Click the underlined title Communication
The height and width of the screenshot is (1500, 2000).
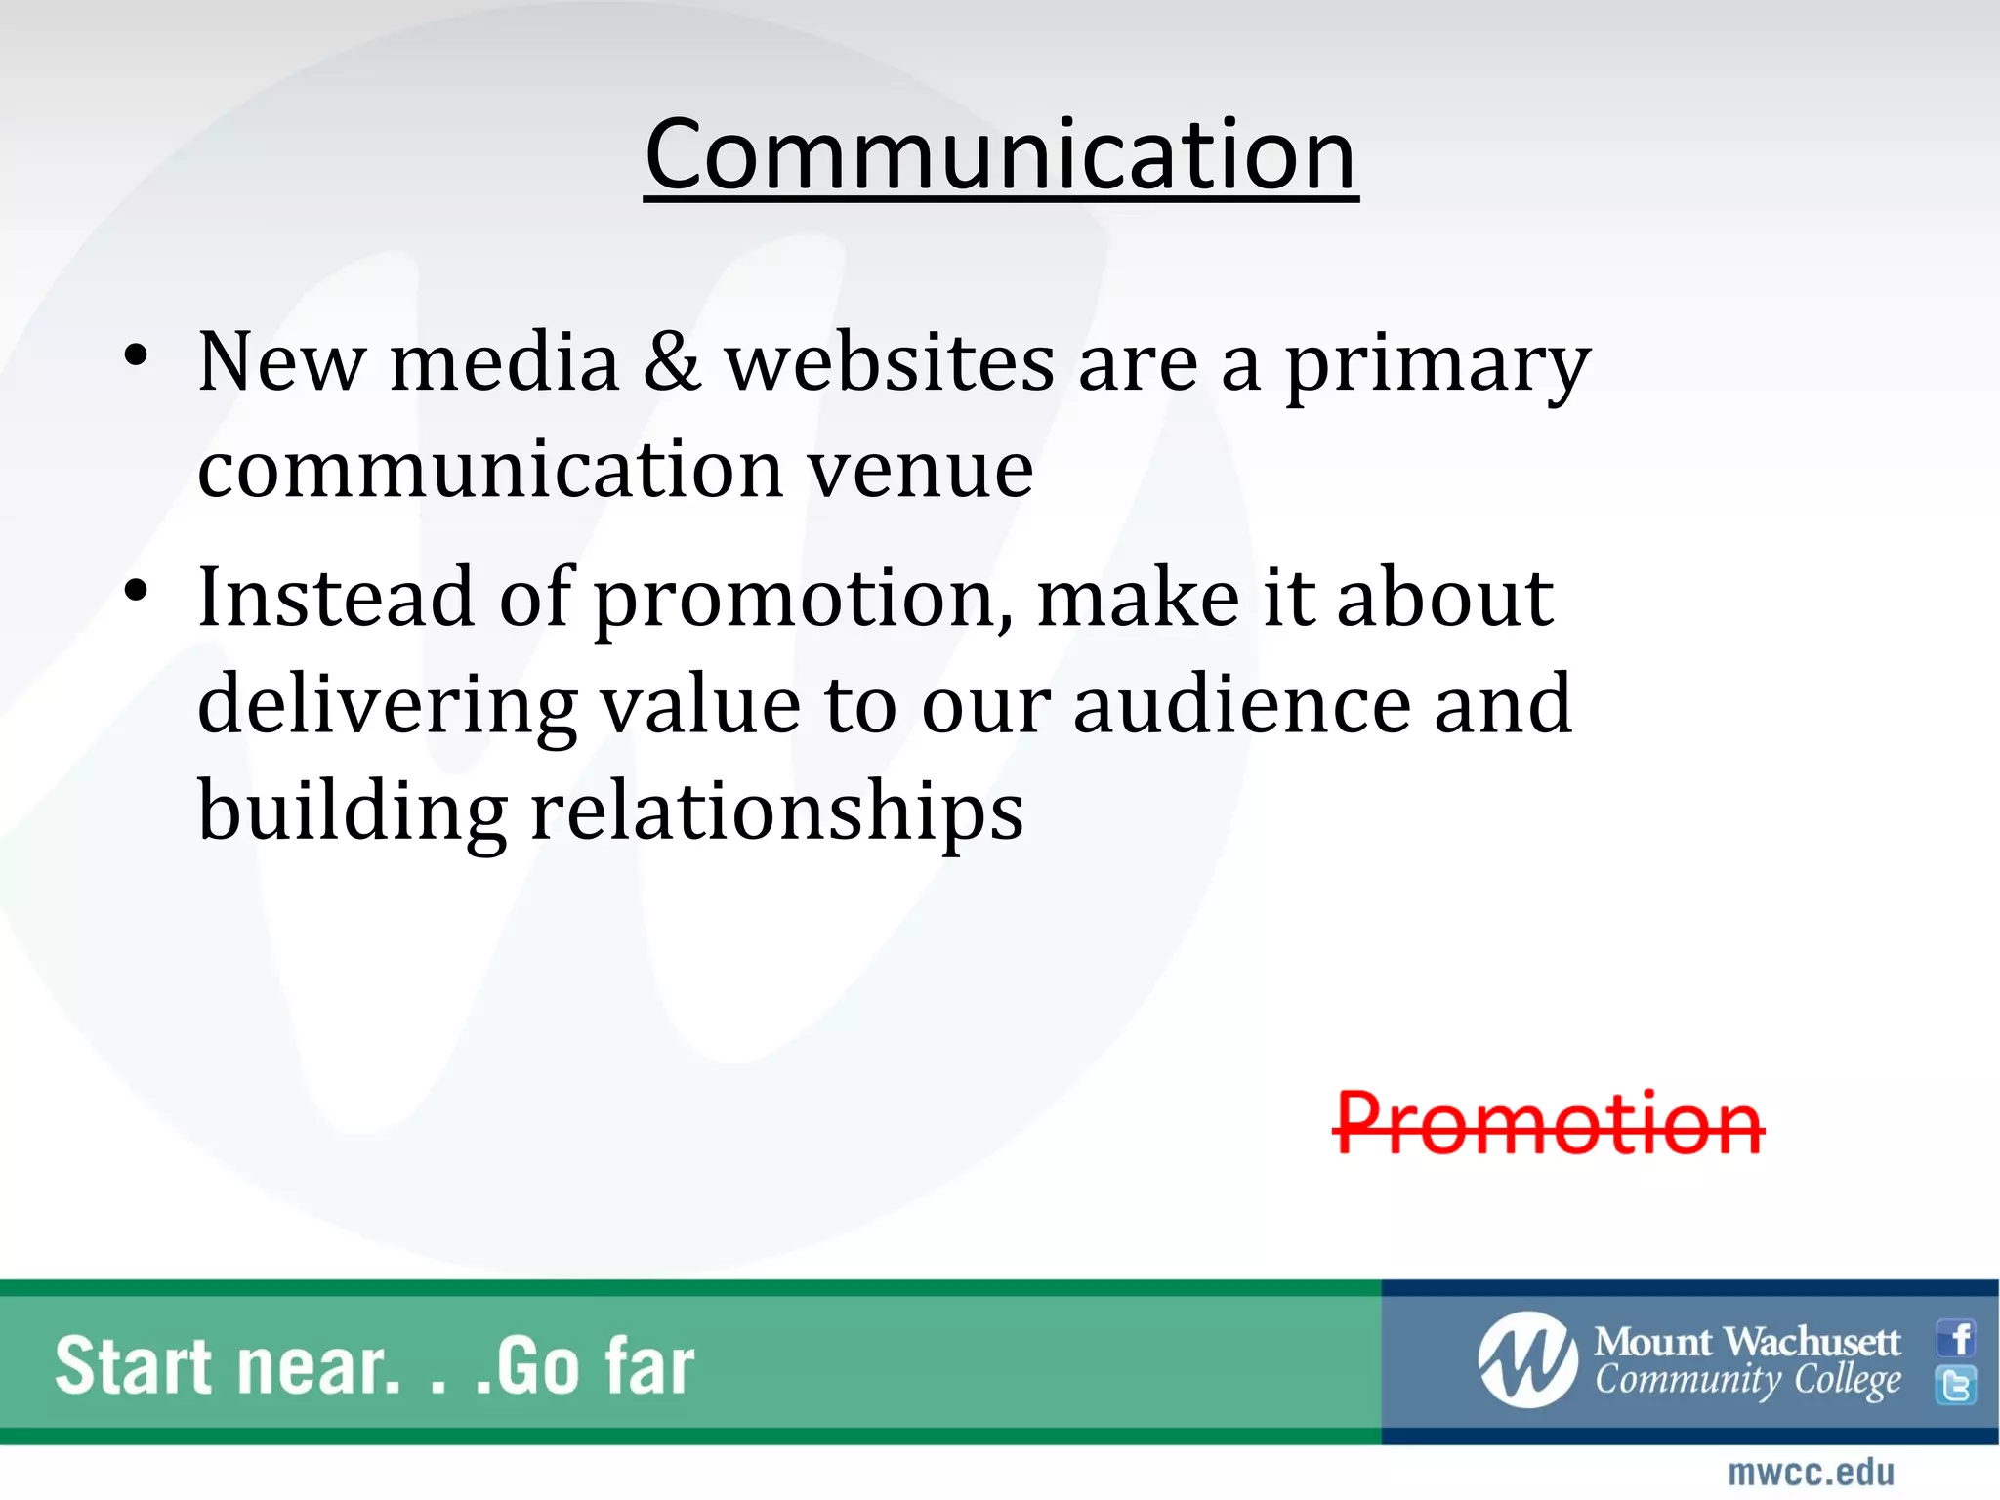click(x=1000, y=156)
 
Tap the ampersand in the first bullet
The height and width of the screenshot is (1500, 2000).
click(x=672, y=362)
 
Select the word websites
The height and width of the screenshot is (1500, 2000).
click(x=889, y=362)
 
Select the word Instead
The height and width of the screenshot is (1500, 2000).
click(x=336, y=597)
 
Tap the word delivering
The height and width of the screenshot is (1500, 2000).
click(x=387, y=706)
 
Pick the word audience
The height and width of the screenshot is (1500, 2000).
click(x=1241, y=704)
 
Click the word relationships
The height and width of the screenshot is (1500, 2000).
click(x=776, y=812)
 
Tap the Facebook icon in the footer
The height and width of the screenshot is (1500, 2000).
click(x=1956, y=1338)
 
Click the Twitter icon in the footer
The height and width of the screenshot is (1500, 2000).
click(x=1956, y=1386)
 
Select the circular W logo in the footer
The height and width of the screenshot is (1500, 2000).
click(x=1526, y=1360)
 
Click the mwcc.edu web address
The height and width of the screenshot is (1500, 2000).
click(x=1811, y=1472)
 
